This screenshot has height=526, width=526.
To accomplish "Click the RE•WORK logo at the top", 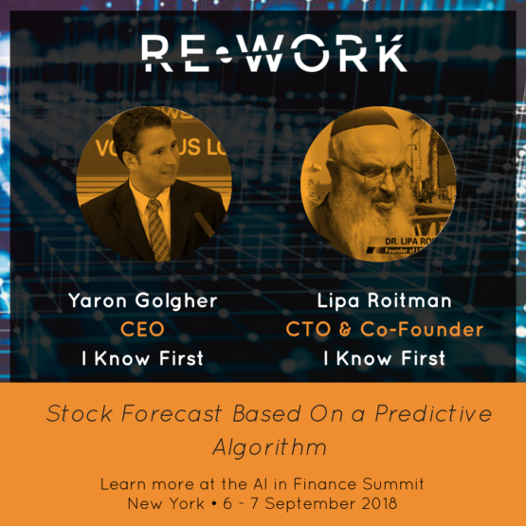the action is tap(275, 54).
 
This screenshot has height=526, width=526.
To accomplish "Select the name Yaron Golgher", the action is tap(143, 300).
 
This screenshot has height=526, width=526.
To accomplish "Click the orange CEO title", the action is tap(142, 329).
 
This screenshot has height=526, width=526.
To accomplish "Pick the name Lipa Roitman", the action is tap(384, 300).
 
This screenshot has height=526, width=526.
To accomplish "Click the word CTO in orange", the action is tap(308, 329).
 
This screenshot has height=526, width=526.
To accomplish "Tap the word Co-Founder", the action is tap(422, 329).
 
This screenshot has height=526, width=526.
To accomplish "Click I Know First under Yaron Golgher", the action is tap(142, 358).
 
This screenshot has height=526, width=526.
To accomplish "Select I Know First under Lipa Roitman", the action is tap(385, 358).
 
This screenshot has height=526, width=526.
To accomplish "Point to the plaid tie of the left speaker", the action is tap(157, 229).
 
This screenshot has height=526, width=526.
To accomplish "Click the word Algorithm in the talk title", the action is tap(270, 448).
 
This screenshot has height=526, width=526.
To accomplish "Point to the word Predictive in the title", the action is tap(433, 413).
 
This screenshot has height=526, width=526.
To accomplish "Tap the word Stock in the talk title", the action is tap(80, 413).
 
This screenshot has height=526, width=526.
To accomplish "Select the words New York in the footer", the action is tap(166, 503).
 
